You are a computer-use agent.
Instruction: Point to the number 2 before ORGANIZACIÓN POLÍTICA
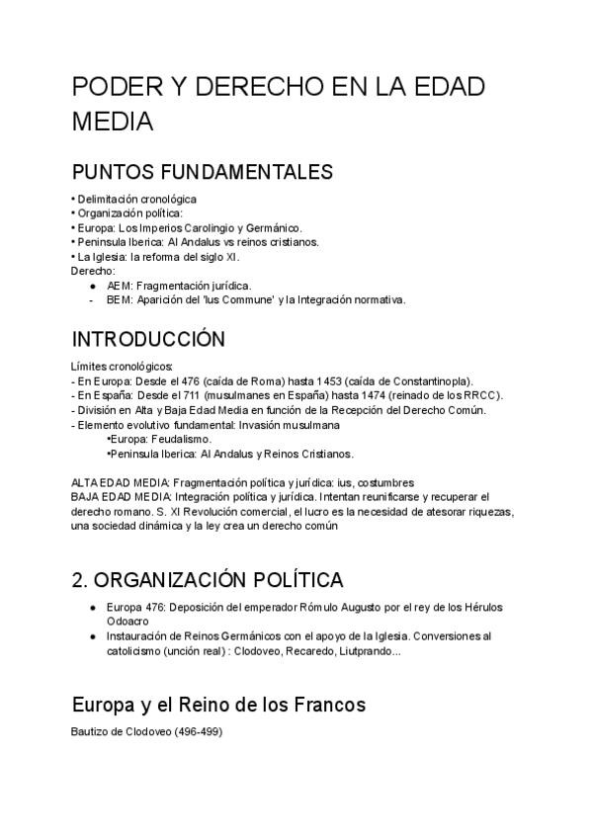point(79,578)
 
